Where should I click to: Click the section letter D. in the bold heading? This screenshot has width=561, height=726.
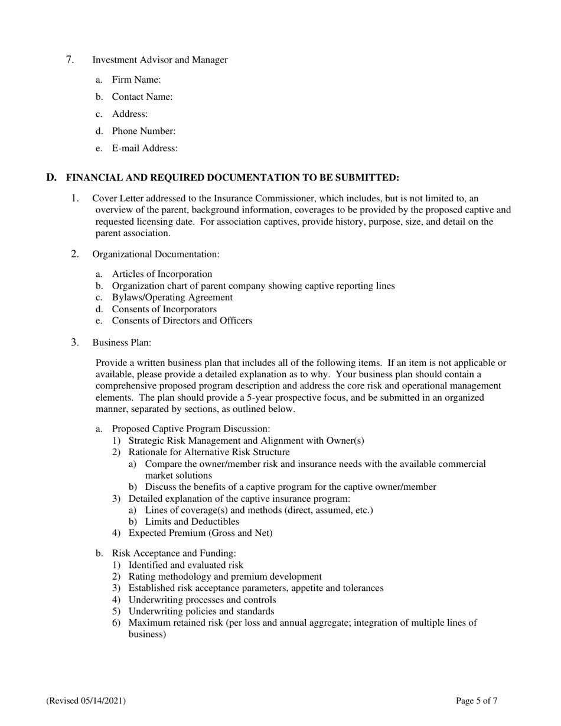coord(51,177)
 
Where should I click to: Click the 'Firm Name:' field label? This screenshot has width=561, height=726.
coord(136,79)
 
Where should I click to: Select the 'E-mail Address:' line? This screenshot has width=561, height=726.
coord(145,148)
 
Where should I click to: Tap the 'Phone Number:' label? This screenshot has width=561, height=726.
coord(143,131)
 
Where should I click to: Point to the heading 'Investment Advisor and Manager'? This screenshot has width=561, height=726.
coord(159,60)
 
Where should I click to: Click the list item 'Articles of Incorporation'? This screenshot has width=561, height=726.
coord(162,274)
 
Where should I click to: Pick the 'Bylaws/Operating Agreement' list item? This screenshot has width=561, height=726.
coord(172,297)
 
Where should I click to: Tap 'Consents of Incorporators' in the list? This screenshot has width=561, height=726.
coord(164,309)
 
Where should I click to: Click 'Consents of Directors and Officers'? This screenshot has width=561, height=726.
coord(182,321)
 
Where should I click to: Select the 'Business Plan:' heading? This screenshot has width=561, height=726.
coord(122,342)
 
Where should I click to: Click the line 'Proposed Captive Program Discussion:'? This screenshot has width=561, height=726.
coord(191,429)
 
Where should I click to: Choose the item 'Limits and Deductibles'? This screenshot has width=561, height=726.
coord(192,521)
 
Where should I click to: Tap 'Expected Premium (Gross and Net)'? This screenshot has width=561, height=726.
coord(200,533)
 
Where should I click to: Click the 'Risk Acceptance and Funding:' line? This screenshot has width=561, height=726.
coord(174,553)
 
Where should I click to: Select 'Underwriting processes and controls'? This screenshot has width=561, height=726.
coord(202,600)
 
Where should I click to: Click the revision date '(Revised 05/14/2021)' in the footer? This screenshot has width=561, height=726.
coord(86,701)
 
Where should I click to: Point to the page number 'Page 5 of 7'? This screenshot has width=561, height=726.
coord(476,701)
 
